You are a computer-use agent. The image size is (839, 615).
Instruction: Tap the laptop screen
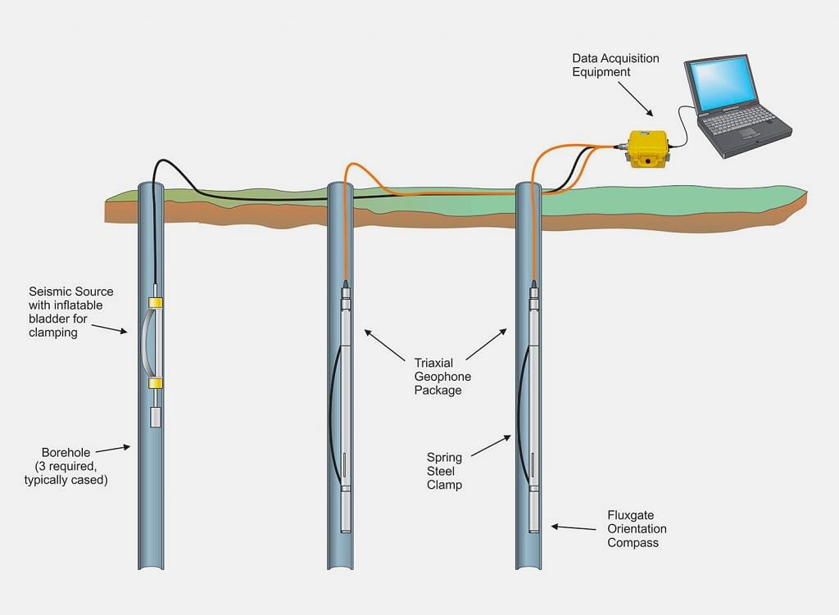[720, 84]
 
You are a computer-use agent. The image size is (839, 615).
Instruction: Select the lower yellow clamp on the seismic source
[155, 382]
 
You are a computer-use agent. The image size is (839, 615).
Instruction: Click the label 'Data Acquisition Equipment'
[615, 66]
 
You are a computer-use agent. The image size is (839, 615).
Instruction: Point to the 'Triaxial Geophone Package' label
[442, 376]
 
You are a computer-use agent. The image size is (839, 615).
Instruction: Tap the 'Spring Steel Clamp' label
[444, 471]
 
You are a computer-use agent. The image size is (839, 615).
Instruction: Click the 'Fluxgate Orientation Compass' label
[633, 529]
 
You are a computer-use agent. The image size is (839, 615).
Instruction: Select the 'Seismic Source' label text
[71, 292]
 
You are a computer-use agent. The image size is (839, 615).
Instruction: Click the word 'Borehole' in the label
[65, 452]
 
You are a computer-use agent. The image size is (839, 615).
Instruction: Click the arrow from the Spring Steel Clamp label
[491, 446]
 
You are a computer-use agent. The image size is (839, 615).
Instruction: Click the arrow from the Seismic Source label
[109, 328]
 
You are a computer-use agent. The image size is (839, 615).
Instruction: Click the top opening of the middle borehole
[340, 186]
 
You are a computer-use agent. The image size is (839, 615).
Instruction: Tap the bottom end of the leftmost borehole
[151, 565]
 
